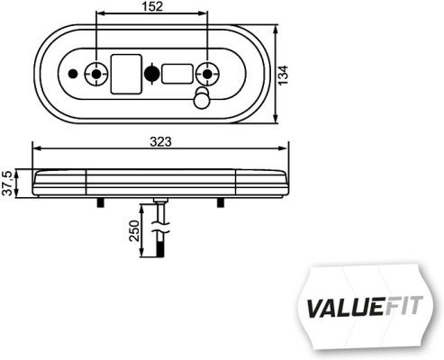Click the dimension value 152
coord(152,7)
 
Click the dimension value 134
coord(284,76)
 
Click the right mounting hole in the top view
coord(209,73)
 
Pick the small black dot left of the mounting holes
coord(73,73)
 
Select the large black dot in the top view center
coord(152,73)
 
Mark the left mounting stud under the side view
coord(95,204)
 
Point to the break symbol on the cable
coord(160,231)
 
